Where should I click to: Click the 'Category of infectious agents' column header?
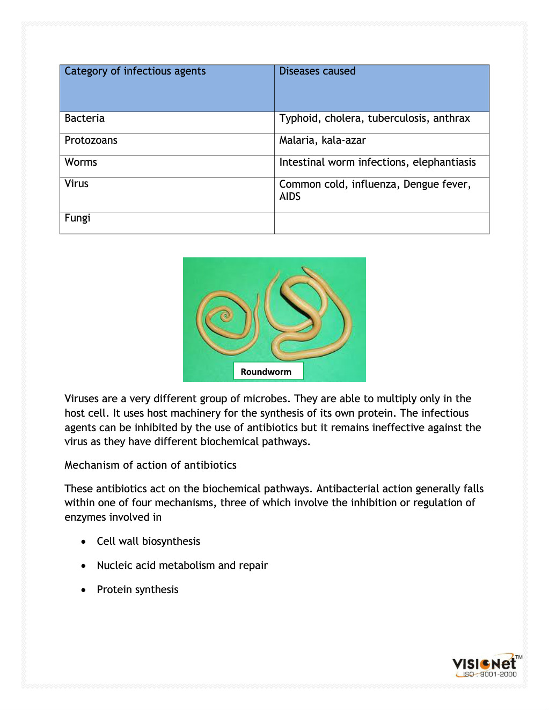135,71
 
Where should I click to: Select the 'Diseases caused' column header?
317,71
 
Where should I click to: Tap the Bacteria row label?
85,119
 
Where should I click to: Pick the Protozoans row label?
91,140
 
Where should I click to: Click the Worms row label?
81,162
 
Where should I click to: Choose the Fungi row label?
77,218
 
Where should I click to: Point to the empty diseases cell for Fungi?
382,223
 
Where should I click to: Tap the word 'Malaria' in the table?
297,140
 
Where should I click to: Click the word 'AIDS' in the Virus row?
290,197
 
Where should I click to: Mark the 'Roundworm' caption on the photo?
266,372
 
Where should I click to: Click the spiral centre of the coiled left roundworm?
225,316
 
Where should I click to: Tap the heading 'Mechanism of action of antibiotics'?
150,465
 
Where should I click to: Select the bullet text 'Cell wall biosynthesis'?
148,542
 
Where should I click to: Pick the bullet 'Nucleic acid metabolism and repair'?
182,566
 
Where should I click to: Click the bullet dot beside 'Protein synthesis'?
83,590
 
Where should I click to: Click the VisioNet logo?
485,663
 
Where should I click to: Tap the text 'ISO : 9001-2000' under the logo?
489,675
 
